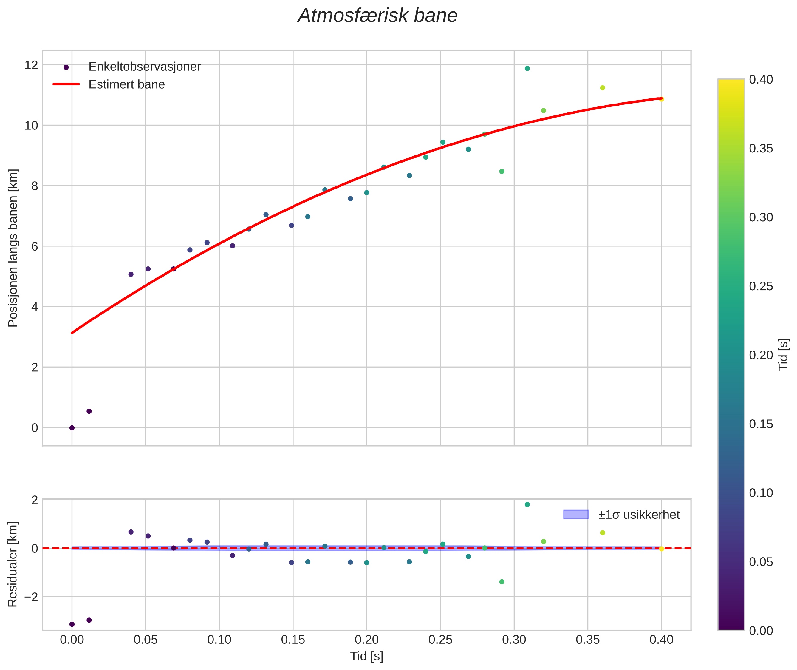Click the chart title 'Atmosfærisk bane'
tap(377, 16)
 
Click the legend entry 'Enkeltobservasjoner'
tap(144, 67)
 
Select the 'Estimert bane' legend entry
tap(126, 84)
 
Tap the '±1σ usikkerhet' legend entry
tap(639, 515)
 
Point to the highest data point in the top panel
tap(527, 68)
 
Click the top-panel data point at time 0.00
tap(72, 428)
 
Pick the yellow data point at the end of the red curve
tap(661, 99)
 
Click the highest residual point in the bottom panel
tap(527, 504)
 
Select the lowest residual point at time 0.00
tap(72, 624)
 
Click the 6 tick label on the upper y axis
tap(35, 246)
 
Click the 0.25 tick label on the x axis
tap(440, 640)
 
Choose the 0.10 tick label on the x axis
tap(219, 640)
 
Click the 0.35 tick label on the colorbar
tap(761, 149)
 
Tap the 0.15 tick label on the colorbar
tap(761, 424)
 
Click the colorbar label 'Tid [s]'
tap(783, 354)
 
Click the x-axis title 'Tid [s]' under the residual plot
tap(366, 656)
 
